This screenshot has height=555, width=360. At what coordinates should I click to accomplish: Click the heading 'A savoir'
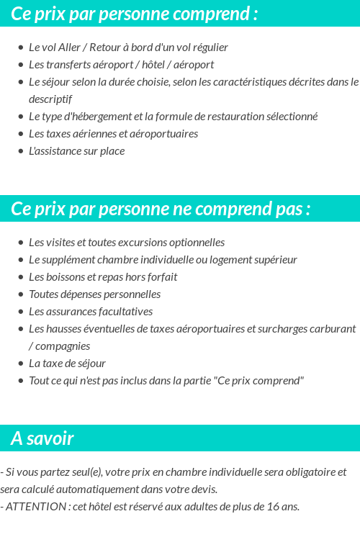[42, 438]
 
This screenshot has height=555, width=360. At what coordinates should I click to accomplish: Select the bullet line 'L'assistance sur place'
[76, 151]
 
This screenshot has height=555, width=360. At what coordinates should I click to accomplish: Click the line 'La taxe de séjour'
[67, 364]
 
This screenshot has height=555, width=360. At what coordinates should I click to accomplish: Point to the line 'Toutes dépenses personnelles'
[94, 294]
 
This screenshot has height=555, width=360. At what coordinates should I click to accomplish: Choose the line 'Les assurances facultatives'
[90, 312]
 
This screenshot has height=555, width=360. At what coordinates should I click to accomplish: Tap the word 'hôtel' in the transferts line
[156, 65]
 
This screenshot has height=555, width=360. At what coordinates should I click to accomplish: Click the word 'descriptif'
[50, 99]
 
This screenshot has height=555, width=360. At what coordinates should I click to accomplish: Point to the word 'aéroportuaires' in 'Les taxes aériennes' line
[163, 134]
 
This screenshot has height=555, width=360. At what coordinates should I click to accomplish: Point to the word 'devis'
[203, 489]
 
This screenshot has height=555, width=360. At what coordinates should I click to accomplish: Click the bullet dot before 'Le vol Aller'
[21, 48]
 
